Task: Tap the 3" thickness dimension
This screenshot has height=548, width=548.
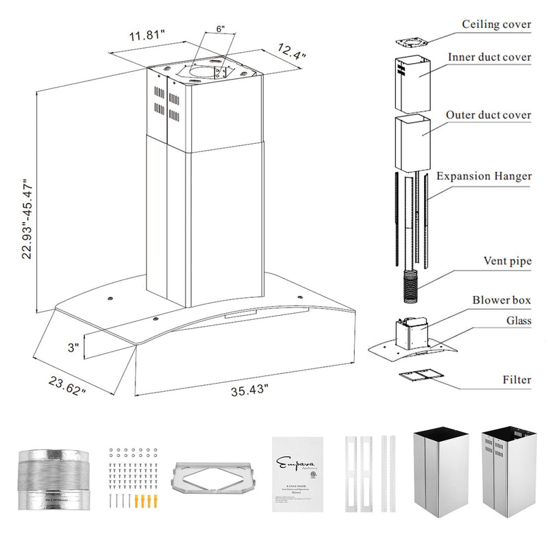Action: tap(73, 348)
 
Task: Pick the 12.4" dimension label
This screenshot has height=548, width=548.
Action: tap(292, 49)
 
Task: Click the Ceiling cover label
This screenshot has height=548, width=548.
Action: tap(497, 25)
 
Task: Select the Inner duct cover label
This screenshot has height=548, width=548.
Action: tap(488, 57)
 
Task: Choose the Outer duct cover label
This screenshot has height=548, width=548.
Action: tap(488, 115)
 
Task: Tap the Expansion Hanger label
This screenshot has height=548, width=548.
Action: tap(484, 176)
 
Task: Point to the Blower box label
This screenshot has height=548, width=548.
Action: tap(501, 300)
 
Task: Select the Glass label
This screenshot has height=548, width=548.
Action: tap(517, 321)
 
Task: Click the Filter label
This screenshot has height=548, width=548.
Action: tap(516, 379)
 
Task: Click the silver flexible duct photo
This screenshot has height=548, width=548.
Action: tap(53, 480)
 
